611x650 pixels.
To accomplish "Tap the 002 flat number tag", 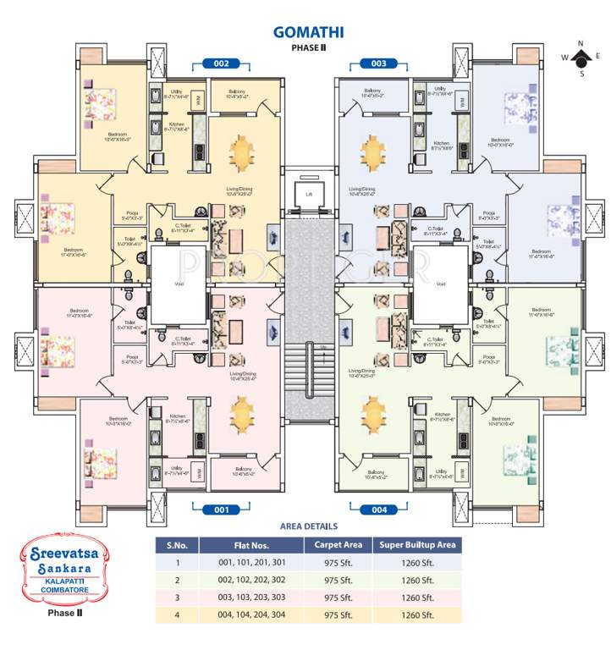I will (x=222, y=63).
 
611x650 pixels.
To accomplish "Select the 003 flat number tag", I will (x=379, y=63).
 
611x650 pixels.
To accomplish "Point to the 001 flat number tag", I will (x=222, y=510).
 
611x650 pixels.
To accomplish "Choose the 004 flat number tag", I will (x=379, y=510).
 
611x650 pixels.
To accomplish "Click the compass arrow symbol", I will (x=581, y=58).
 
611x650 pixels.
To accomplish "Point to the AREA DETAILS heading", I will (x=308, y=526).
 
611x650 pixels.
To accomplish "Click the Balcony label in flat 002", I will (x=238, y=91).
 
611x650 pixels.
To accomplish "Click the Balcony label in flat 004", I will (x=376, y=474).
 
